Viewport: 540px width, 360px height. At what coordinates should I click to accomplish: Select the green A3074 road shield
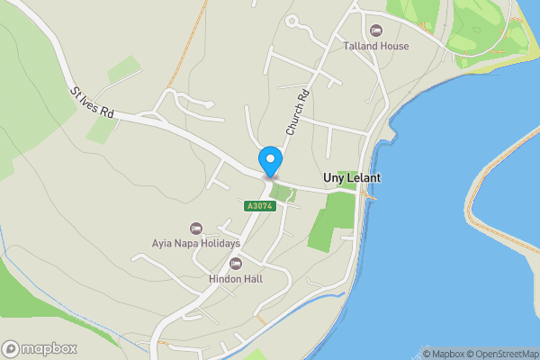[259, 206]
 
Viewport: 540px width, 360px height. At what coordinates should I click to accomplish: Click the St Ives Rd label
[94, 103]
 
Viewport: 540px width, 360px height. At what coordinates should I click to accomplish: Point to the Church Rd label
[297, 112]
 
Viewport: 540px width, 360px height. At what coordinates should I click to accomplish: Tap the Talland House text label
[376, 46]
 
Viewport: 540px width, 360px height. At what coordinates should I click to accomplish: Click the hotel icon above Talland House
[375, 31]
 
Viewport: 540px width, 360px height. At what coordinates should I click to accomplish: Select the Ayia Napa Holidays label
[195, 243]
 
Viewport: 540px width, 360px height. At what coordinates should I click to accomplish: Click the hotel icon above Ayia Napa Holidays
[195, 228]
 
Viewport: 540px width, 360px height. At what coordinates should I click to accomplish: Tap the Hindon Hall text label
[235, 279]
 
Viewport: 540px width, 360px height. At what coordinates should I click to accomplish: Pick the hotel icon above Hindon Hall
[236, 264]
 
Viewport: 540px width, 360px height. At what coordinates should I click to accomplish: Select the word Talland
[359, 46]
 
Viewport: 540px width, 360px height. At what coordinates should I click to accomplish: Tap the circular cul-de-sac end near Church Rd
[292, 21]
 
